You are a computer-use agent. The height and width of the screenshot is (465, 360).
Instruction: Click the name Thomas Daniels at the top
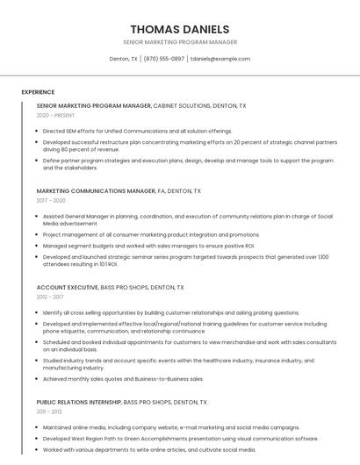180,29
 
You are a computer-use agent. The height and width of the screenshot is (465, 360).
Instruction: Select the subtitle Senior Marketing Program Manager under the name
180,42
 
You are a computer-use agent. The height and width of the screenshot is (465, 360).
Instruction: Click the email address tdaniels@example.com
220,59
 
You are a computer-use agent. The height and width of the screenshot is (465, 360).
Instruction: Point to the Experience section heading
38,92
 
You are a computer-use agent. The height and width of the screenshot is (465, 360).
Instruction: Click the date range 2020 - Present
55,115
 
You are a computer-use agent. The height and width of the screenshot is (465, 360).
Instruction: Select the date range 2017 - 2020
51,200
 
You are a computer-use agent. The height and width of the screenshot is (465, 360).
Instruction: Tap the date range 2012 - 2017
50,297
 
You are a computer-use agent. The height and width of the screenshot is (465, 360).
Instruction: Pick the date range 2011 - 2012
49,411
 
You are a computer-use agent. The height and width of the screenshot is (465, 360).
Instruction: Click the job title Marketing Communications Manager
96,190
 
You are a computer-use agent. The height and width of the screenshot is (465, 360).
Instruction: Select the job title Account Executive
68,287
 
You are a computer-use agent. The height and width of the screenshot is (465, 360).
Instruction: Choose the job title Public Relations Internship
79,402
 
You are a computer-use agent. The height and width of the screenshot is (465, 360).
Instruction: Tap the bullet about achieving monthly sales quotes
123,379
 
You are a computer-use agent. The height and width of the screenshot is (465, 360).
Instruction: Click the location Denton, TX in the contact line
123,59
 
